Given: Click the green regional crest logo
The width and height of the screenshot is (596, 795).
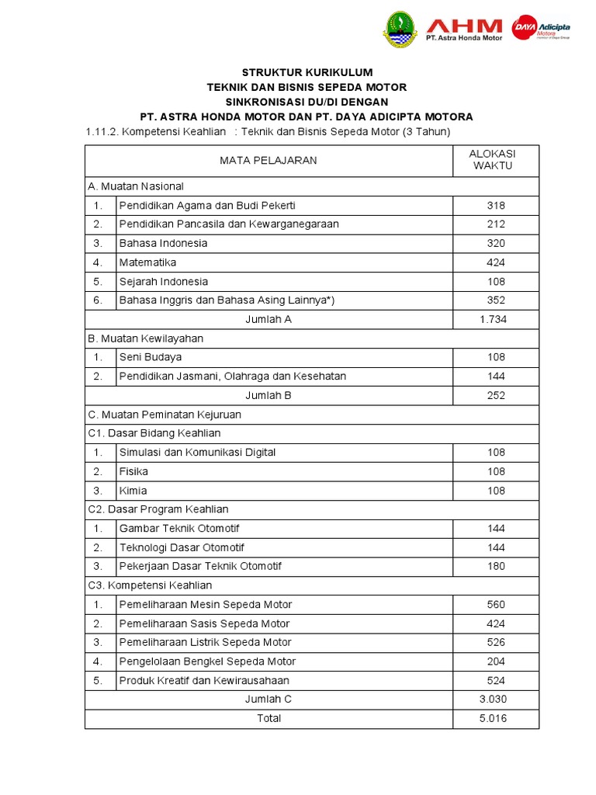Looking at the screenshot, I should point(400,29).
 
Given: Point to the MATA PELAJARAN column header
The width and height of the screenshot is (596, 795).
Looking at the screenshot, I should point(269,161).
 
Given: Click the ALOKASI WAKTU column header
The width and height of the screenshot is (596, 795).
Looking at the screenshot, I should point(496,160).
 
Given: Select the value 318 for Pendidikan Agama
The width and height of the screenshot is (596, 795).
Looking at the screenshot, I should point(496,206).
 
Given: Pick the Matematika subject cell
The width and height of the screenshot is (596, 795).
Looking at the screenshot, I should point(148,262).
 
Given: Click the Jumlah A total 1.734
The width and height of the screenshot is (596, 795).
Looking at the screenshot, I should point(496,319).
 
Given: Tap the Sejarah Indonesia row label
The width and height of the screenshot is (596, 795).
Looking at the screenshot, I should point(164,281).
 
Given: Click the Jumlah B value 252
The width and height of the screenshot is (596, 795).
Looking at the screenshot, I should point(496,395).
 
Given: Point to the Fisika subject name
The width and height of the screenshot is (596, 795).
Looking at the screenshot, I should point(133,471).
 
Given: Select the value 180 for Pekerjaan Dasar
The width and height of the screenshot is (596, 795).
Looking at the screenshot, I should point(496,566).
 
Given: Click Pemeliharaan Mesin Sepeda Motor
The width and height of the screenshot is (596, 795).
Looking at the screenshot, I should point(206,604).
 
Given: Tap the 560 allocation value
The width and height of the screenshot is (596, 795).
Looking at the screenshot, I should point(496,604).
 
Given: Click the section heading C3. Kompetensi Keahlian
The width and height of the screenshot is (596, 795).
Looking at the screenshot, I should point(151,585).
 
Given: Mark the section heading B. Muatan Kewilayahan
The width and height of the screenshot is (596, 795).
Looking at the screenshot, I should point(146,338).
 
